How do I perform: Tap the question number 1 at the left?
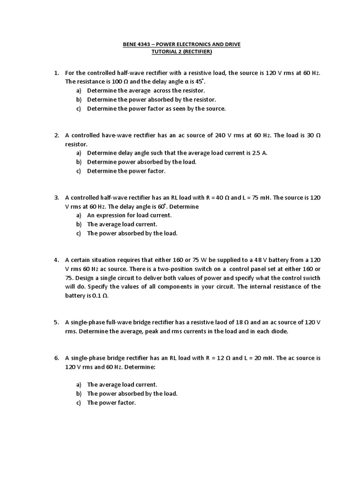pos(56,73)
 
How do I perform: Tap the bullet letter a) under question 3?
pos(78,215)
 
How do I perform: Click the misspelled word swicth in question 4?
pos(311,278)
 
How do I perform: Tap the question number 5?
pos(56,322)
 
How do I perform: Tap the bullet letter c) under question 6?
pos(78,402)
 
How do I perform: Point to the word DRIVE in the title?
pos(230,45)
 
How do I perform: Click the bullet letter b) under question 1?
pos(78,99)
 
